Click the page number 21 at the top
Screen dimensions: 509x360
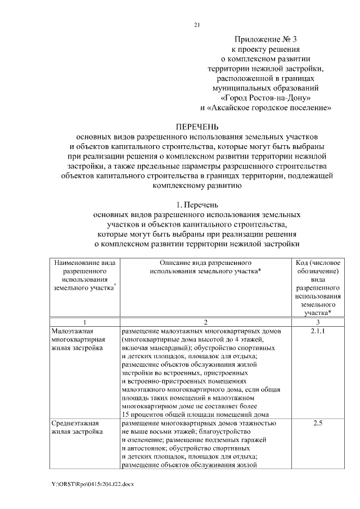(197, 25)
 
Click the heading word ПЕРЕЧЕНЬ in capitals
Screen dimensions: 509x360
(197, 127)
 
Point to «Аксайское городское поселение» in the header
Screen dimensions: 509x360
(267, 107)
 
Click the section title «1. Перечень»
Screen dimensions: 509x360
(197, 205)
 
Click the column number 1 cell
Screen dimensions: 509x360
(84, 322)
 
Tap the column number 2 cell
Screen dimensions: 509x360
(206, 322)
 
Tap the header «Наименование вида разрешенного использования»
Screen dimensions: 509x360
(84, 275)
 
